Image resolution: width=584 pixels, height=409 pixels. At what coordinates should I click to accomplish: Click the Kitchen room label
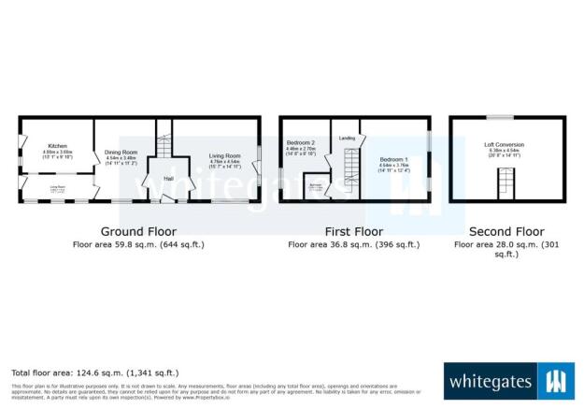[57, 146]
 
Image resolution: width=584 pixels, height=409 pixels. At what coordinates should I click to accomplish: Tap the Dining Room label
[121, 153]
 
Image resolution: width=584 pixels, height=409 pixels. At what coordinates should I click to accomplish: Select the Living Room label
[224, 155]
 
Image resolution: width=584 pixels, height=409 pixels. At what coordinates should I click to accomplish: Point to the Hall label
[169, 178]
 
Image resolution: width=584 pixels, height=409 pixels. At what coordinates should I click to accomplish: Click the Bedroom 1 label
[393, 160]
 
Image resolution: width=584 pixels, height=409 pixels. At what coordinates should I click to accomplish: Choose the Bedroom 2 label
[300, 140]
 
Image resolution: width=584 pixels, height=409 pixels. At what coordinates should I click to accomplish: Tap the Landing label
[347, 139]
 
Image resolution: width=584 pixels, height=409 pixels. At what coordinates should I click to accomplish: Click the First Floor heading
[354, 231]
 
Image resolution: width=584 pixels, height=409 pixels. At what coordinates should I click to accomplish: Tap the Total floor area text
[94, 372]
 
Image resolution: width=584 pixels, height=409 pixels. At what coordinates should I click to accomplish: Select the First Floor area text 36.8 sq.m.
[354, 244]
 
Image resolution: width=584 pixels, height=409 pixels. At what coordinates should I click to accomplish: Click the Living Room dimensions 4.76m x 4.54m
[224, 162]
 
